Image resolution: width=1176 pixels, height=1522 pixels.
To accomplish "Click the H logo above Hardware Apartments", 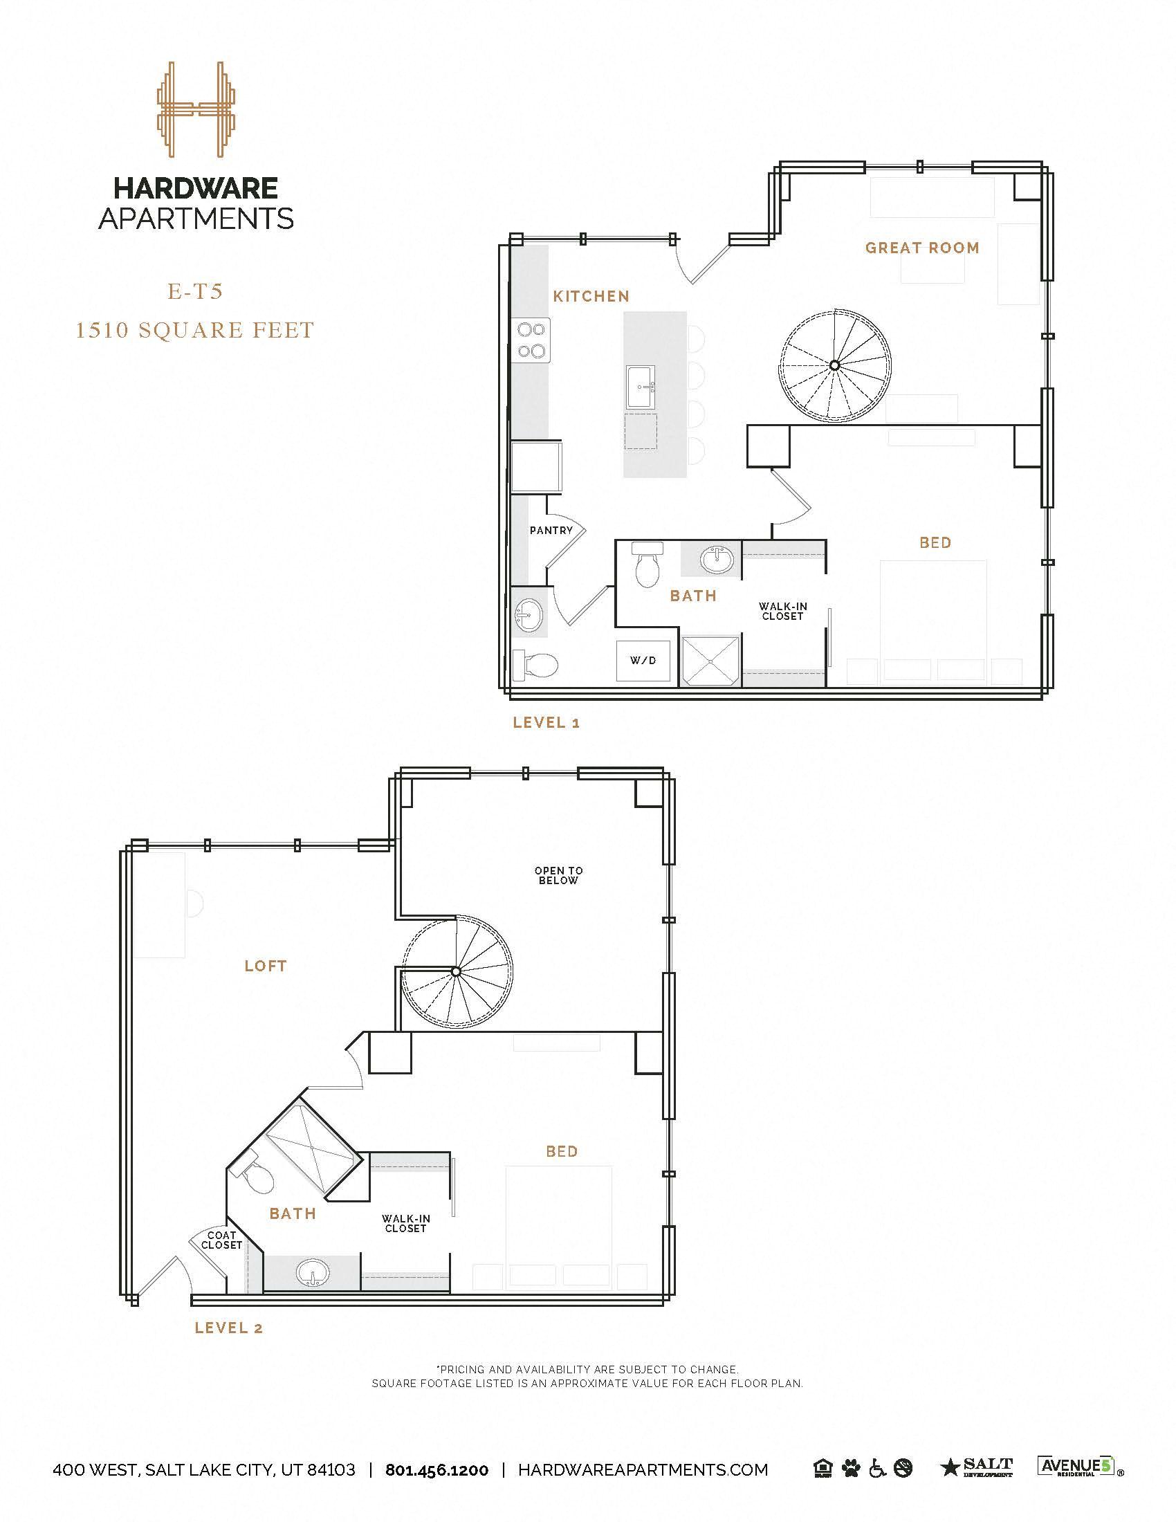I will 196,109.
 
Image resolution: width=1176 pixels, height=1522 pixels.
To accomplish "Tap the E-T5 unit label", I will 196,291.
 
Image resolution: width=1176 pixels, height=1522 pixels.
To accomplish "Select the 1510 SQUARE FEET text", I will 195,329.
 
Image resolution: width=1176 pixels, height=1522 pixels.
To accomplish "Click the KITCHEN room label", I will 591,296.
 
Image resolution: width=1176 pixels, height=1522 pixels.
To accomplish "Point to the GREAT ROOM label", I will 921,248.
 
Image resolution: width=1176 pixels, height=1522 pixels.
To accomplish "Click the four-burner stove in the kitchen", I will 531,340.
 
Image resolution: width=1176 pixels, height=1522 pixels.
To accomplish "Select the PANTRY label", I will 551,531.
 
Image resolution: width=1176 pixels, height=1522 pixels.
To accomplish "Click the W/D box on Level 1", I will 643,661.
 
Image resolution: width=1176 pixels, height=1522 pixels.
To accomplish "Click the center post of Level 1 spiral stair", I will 834,365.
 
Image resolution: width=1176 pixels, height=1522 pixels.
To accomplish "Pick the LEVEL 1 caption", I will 546,723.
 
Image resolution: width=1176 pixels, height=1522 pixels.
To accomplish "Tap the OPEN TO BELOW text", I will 558,875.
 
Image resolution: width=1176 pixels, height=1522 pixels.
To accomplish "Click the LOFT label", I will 266,965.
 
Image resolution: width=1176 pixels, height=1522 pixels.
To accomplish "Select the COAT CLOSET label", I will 221,1240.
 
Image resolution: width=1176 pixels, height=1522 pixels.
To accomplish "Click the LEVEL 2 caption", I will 228,1328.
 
